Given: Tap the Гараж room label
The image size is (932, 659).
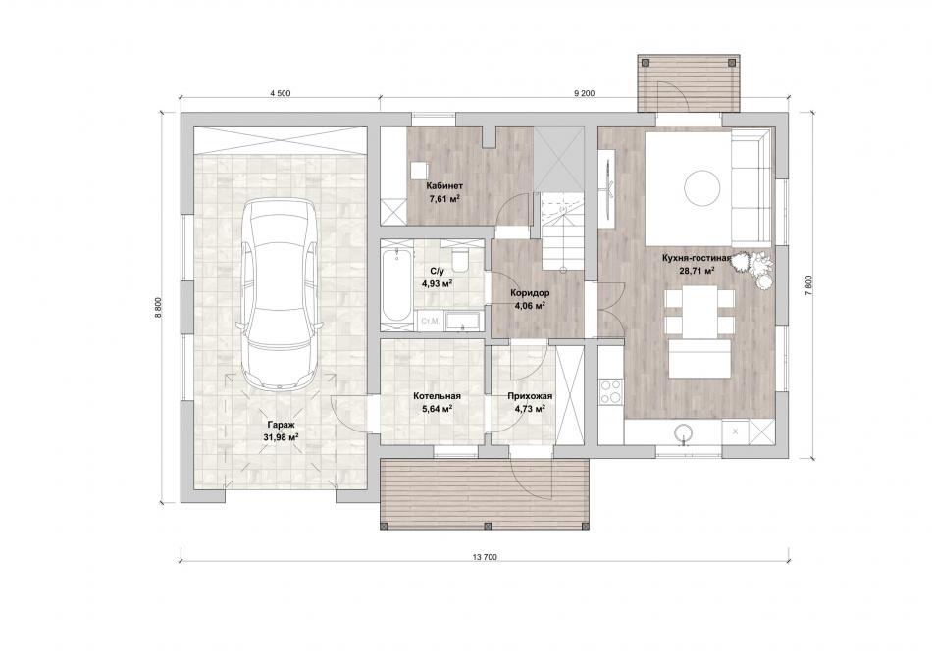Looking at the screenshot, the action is (x=281, y=426).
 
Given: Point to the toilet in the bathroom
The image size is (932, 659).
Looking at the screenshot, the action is (x=459, y=259).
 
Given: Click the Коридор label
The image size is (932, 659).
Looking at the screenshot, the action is (x=530, y=293).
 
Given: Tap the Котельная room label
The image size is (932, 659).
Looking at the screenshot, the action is (x=437, y=396).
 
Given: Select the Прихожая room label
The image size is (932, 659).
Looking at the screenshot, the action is (x=530, y=396).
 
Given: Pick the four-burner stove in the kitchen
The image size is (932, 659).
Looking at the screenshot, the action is (x=610, y=391).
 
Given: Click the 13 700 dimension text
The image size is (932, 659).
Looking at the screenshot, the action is (x=485, y=557).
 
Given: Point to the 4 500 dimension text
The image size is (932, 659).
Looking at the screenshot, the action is (x=280, y=93).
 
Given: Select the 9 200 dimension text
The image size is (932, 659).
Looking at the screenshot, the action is (x=585, y=93).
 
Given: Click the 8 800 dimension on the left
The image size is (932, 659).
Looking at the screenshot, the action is (x=158, y=308).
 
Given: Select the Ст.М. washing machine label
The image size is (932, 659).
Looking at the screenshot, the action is (x=430, y=321).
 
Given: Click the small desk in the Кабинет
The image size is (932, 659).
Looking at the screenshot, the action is (x=419, y=170).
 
